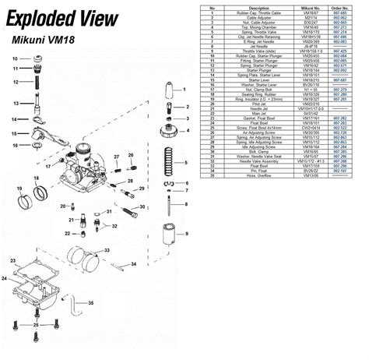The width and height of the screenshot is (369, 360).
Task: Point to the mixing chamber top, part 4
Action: click(166, 129)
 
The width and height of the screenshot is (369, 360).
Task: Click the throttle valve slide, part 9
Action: click(167, 234)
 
